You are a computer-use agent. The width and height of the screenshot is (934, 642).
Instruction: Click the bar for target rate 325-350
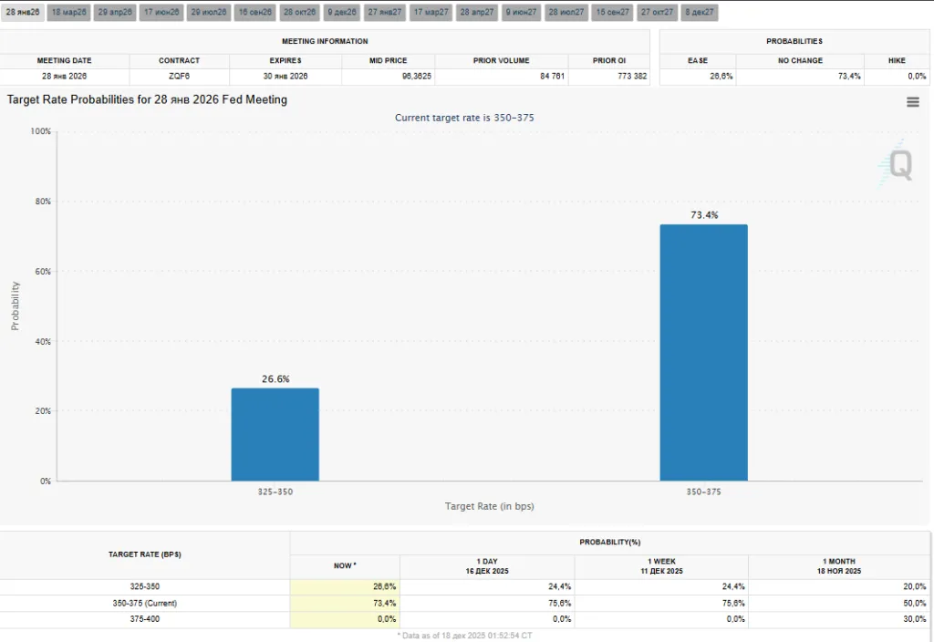coord(275,434)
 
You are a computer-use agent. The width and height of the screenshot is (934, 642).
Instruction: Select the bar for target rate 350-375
coord(703,352)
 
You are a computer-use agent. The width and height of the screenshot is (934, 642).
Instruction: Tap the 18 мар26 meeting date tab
coord(68,13)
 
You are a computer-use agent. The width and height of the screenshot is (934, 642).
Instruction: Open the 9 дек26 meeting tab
coord(338,13)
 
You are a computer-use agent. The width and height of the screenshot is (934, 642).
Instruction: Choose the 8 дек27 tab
coord(700,13)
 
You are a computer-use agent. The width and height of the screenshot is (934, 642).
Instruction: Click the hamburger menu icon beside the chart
coord(912,102)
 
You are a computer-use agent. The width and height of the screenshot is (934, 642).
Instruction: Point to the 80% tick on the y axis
coord(40,202)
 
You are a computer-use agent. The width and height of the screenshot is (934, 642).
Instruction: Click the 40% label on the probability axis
coord(40,342)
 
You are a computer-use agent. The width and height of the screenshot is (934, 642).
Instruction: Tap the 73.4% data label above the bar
coord(703,215)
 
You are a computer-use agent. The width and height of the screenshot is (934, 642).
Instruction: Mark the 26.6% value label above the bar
coord(275,378)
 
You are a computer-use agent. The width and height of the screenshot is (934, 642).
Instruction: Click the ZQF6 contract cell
coord(179,76)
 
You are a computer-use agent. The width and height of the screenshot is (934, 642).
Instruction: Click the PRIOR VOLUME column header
coord(501,60)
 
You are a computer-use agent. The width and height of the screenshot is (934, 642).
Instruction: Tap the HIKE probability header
coord(897,60)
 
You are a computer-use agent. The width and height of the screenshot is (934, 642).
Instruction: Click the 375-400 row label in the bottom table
coord(144,619)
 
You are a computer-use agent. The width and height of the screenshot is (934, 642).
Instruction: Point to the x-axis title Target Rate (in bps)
coord(489,506)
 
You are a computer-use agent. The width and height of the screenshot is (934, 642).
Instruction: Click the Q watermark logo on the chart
coord(899,165)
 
